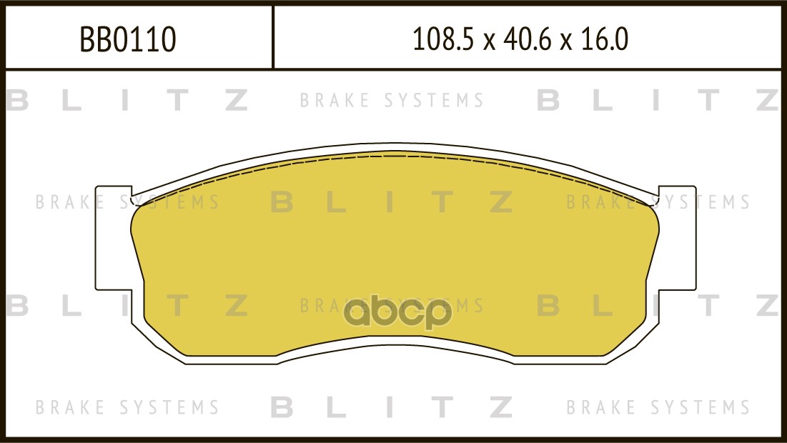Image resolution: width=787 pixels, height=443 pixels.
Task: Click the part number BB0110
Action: click(x=128, y=40)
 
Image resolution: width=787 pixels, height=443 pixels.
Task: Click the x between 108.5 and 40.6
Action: click(x=489, y=41)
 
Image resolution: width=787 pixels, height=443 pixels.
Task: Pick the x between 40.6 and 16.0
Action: click(x=567, y=41)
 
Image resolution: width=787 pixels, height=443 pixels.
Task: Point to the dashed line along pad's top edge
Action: click(x=393, y=155)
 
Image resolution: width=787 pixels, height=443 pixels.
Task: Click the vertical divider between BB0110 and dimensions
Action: click(x=273, y=37)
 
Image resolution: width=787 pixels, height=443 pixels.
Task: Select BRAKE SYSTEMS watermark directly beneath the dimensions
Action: click(x=392, y=101)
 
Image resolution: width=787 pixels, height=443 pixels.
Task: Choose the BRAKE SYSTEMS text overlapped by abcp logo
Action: click(x=392, y=307)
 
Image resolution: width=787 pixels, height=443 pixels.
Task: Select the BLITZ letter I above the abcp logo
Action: click(x=390, y=203)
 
